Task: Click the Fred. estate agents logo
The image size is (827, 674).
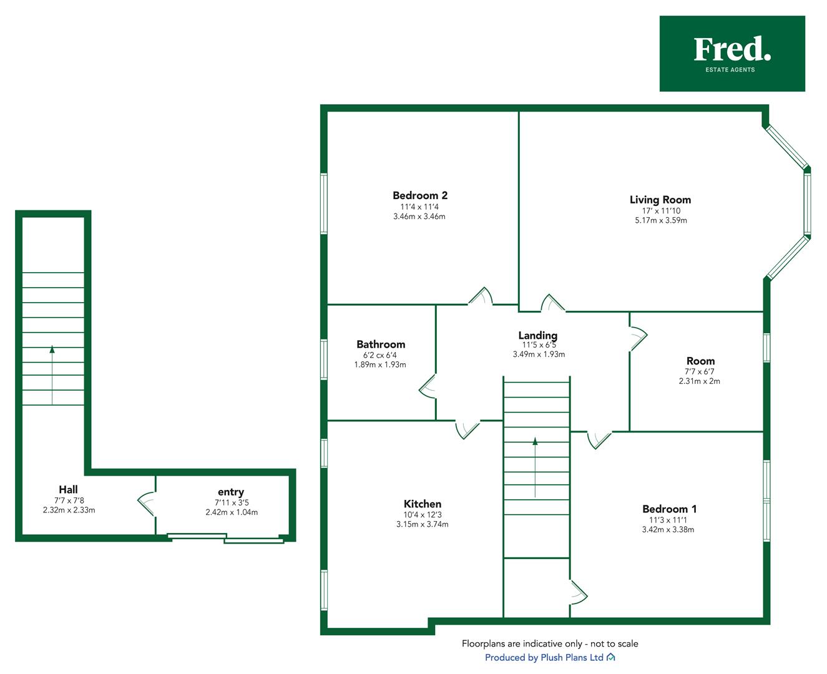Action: pos(732,54)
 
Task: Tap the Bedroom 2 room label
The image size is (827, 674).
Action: pos(419,195)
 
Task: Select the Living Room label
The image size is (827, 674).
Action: pos(660,200)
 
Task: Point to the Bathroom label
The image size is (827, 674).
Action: pos(381,344)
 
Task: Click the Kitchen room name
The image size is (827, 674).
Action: pos(423,504)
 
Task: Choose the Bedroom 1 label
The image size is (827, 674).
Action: pos(669,509)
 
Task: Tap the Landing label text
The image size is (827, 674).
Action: pos(538,336)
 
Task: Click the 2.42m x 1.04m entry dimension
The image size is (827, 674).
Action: pos(232,512)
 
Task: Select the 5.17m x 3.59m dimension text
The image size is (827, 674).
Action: pos(661,220)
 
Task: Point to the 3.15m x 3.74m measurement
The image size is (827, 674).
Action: pos(422,524)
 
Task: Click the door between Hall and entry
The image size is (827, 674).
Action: pos(147,504)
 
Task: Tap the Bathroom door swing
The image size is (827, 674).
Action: pos(428,386)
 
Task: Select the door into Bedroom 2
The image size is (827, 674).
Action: pos(481,296)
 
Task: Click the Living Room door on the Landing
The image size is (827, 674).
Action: pos(553,303)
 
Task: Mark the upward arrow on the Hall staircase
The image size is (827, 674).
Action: pos(52,375)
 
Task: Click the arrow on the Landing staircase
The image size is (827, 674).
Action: pos(535,467)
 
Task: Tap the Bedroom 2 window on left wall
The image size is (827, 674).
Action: pos(323,203)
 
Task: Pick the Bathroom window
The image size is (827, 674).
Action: pos(323,359)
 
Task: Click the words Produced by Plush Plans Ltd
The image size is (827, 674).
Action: pos(544,657)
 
